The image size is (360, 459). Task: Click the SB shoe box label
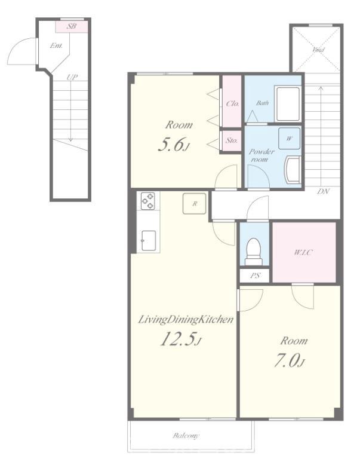[x=72, y=26]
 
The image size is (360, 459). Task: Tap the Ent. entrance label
[x=56, y=45]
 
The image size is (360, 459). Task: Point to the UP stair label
[x=72, y=77]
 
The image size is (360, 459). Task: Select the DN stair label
[x=324, y=191]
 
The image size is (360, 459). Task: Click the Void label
[x=318, y=50]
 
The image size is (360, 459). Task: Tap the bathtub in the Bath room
[x=288, y=103]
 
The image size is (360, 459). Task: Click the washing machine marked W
[x=289, y=138]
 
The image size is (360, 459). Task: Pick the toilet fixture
[x=253, y=252]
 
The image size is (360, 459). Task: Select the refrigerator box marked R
[x=195, y=203]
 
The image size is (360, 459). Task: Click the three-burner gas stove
[x=148, y=201]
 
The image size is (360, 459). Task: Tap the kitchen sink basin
[x=149, y=241]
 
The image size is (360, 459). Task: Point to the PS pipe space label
[x=255, y=276]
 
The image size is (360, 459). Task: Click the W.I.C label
[x=303, y=252]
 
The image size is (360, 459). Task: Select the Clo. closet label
[x=232, y=103]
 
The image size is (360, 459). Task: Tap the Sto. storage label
[x=231, y=140]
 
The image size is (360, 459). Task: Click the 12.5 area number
[x=178, y=339]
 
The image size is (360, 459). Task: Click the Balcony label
[x=186, y=436]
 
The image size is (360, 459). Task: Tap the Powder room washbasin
[x=293, y=170]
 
